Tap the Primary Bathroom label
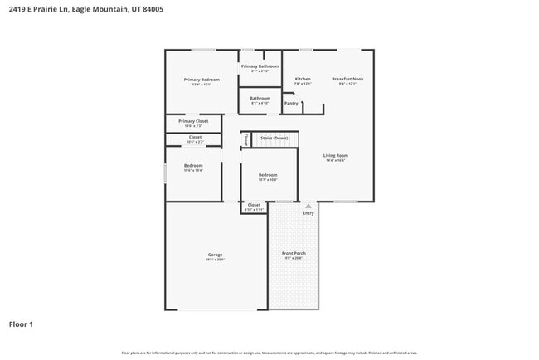coord(260,66)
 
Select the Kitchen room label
coord(303,80)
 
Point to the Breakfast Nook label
coord(347,80)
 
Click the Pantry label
coord(291,104)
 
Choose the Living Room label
coord(335,155)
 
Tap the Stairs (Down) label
coord(274,138)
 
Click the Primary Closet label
coord(193,121)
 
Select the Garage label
coord(215,255)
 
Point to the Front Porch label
coord(294,255)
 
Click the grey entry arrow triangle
coord(308,205)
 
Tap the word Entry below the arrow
coord(308,213)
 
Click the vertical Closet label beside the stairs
coord(245,139)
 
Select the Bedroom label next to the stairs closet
coord(267,175)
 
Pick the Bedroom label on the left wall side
coord(193,166)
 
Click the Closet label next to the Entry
coord(254,205)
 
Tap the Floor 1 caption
coord(21,324)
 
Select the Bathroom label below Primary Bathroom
coord(260,98)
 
